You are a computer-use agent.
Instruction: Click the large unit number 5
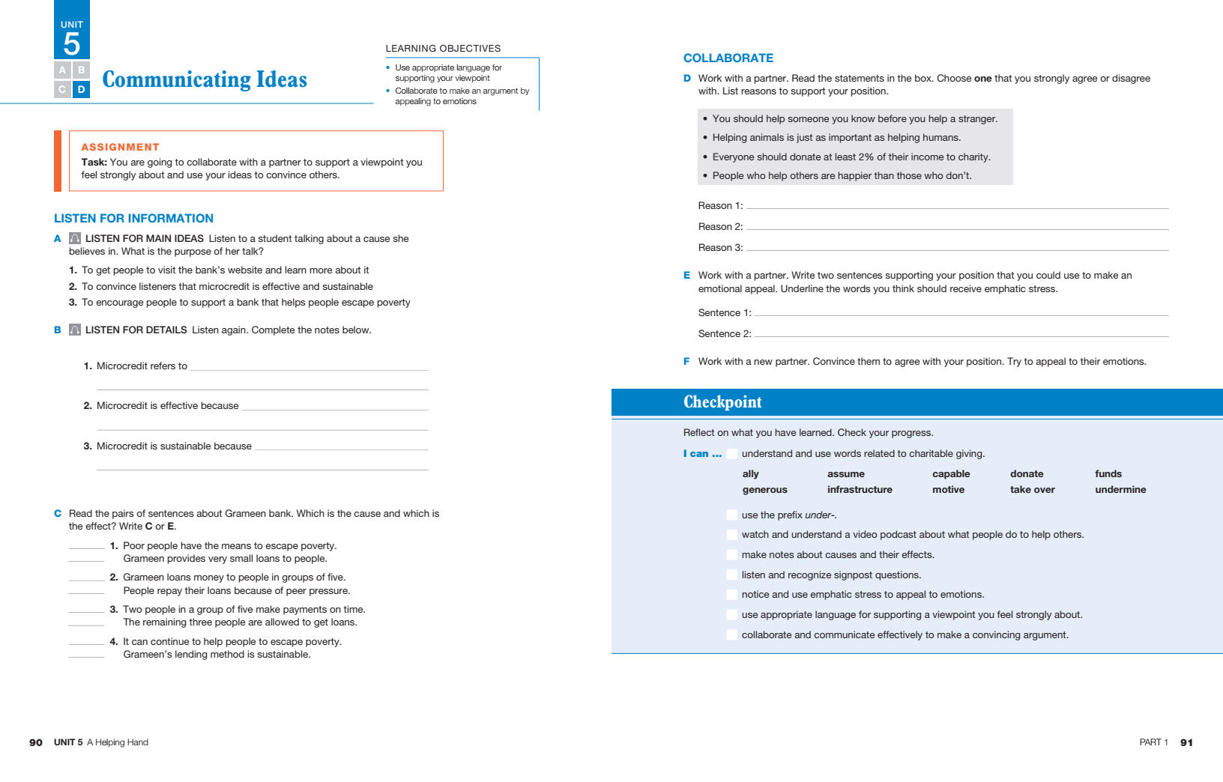tap(72, 44)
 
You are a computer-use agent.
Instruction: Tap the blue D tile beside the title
tap(82, 89)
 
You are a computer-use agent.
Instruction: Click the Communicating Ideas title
tap(205, 79)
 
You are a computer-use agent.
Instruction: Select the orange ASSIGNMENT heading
tap(120, 147)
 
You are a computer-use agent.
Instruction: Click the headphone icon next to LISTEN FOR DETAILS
tap(75, 330)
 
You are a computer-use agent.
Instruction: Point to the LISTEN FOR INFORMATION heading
tap(133, 218)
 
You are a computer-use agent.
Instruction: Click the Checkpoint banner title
tap(722, 402)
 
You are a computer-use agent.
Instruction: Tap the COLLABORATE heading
tap(728, 58)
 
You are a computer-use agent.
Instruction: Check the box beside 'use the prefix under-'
tap(731, 515)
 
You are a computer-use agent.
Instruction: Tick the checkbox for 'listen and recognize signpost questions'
tap(731, 575)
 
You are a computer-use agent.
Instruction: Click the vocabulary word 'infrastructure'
tap(860, 490)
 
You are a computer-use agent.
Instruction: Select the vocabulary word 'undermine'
tap(1120, 490)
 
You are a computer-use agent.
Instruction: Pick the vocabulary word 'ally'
tap(750, 473)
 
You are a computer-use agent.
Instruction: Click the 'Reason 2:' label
tap(720, 227)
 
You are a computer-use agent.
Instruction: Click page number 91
tap(1186, 742)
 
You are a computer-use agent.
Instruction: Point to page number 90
tap(36, 742)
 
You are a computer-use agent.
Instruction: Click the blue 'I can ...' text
tap(702, 453)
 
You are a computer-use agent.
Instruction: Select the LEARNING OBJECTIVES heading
tap(443, 48)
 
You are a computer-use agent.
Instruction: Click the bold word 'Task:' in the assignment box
tap(94, 162)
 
